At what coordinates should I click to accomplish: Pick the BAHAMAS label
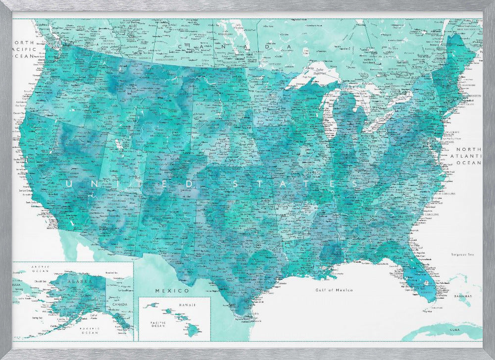pyautogui.click(x=461, y=296)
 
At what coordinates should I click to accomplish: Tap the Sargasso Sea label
pyautogui.click(x=462, y=255)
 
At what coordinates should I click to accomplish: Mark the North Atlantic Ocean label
pyautogui.click(x=468, y=155)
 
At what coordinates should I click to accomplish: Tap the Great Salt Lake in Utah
pyautogui.click(x=118, y=145)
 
